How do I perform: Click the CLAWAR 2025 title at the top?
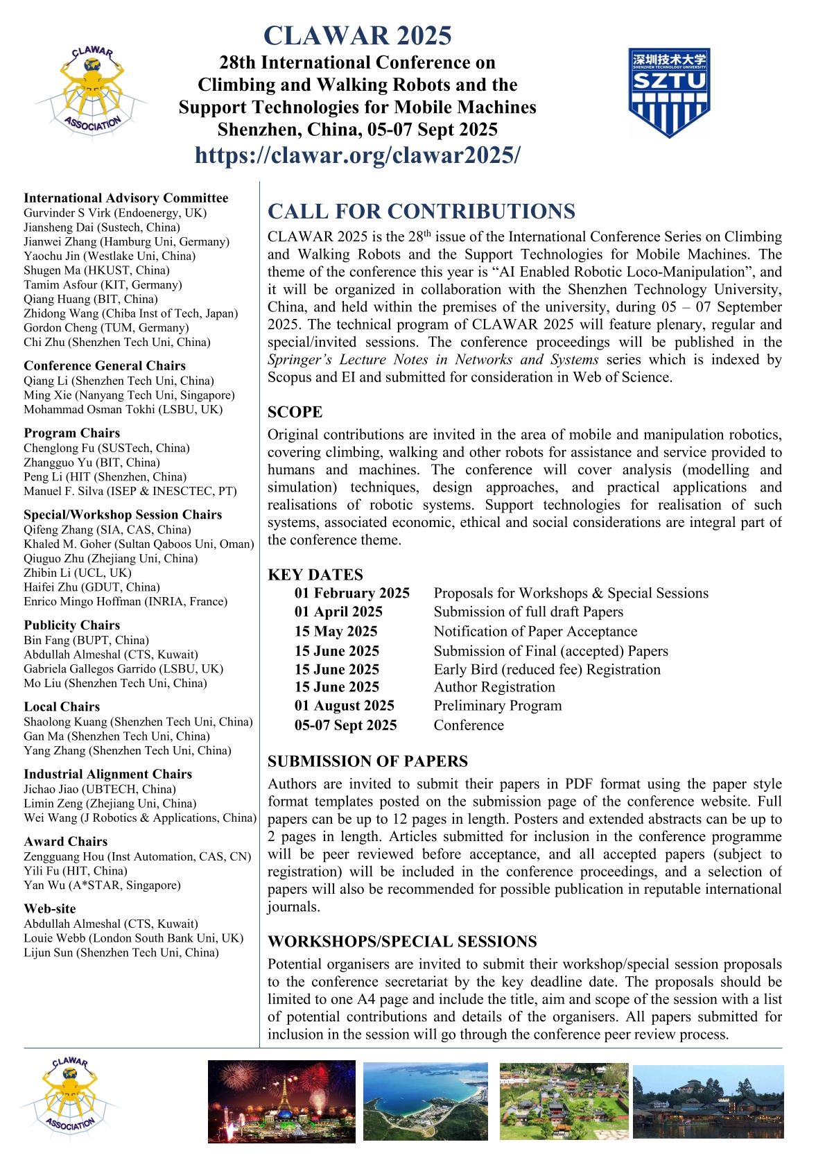(x=357, y=35)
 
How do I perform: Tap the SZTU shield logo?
(x=669, y=92)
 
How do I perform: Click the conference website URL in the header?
(x=357, y=155)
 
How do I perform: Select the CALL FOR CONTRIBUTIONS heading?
(x=422, y=211)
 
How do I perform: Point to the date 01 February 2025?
(x=352, y=593)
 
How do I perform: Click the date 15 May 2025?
(x=336, y=632)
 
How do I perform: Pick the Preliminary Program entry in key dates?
(x=498, y=706)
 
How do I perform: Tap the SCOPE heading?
(x=295, y=413)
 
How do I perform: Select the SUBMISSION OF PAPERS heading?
(x=367, y=761)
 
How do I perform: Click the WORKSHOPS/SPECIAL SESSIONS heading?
(x=402, y=942)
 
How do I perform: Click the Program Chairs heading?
(x=71, y=433)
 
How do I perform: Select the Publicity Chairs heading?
(x=71, y=625)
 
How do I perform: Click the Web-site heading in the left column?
(x=50, y=909)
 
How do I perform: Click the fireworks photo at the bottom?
(x=281, y=1101)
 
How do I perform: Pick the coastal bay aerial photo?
(x=425, y=1101)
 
